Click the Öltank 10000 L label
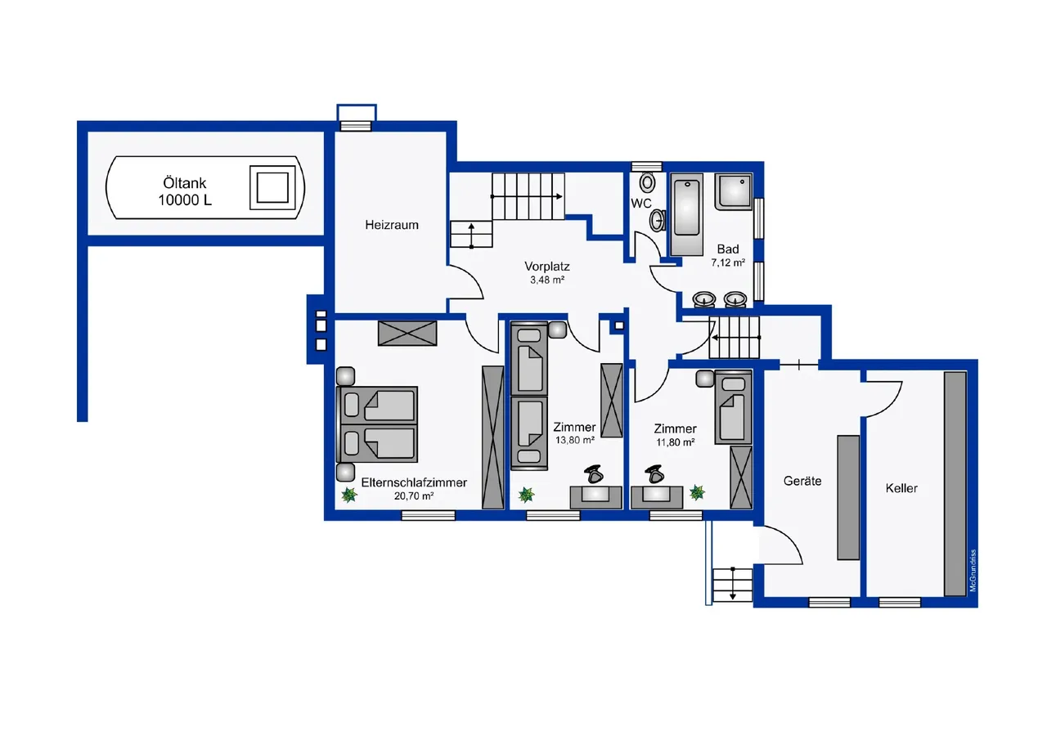coord(185,191)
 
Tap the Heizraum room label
coord(392,225)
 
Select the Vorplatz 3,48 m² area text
coord(547,272)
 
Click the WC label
coord(640,204)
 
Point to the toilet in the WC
coord(647,182)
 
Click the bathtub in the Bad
coord(687,214)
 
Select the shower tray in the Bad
coord(734,192)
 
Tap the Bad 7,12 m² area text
coord(728,256)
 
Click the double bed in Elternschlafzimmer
coord(377,424)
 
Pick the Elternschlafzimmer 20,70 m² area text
coord(414,489)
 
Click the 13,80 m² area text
coord(574,440)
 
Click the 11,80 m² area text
coord(675,442)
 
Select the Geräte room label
coord(802,481)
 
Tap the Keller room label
coord(901,488)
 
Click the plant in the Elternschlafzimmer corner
coord(348,495)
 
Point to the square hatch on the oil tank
coord(272,188)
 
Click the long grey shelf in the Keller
coord(955,483)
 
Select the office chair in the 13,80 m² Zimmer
coord(594,474)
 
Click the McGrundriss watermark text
coord(973,571)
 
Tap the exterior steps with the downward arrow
coord(732,585)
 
